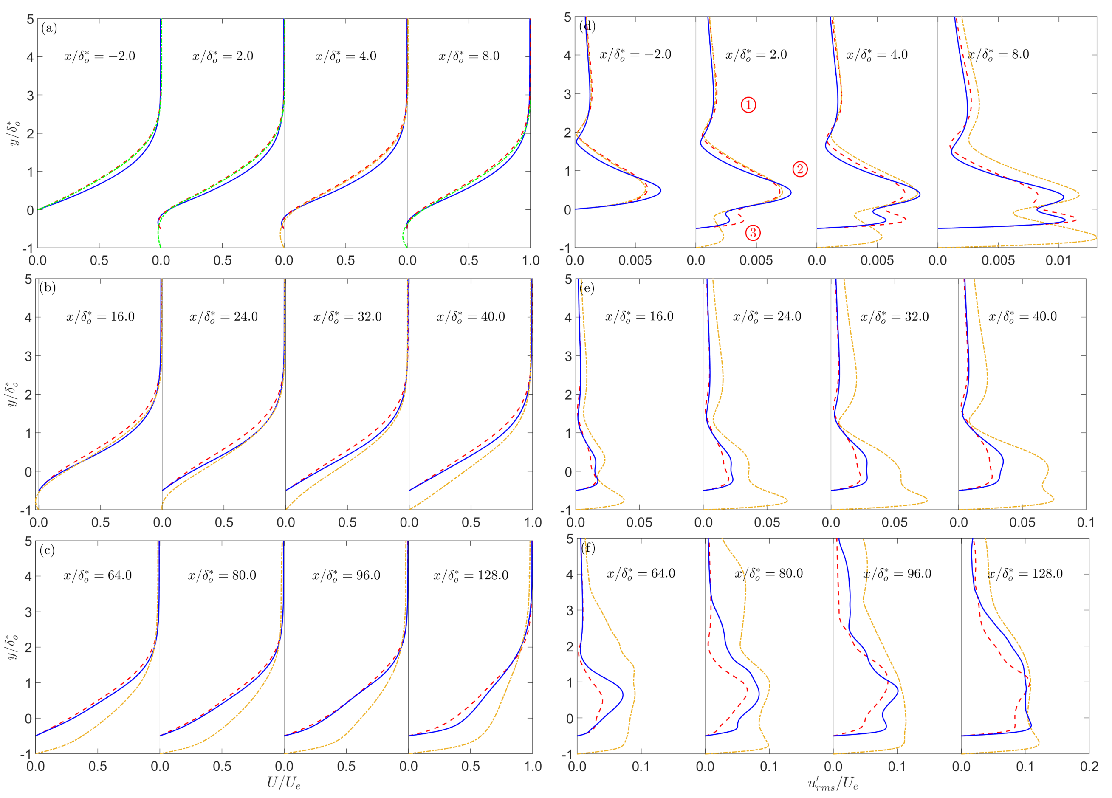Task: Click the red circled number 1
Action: [x=748, y=105]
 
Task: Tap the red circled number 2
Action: [x=800, y=169]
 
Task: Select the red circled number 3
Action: [x=753, y=233]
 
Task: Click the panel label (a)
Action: [x=49, y=28]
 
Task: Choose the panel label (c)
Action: [x=47, y=550]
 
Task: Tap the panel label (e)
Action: [x=587, y=288]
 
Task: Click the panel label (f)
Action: [x=588, y=547]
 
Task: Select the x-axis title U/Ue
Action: [x=283, y=783]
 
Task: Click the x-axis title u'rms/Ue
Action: [x=833, y=783]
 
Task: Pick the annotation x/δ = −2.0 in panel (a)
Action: [x=99, y=56]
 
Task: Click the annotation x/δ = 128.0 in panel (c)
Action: [x=471, y=575]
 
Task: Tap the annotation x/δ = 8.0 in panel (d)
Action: [x=998, y=54]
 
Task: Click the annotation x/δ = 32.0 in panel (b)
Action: [x=347, y=317]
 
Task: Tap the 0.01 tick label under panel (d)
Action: [x=1058, y=261]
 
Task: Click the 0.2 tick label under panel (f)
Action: [x=1089, y=766]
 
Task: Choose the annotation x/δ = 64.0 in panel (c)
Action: [x=98, y=575]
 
